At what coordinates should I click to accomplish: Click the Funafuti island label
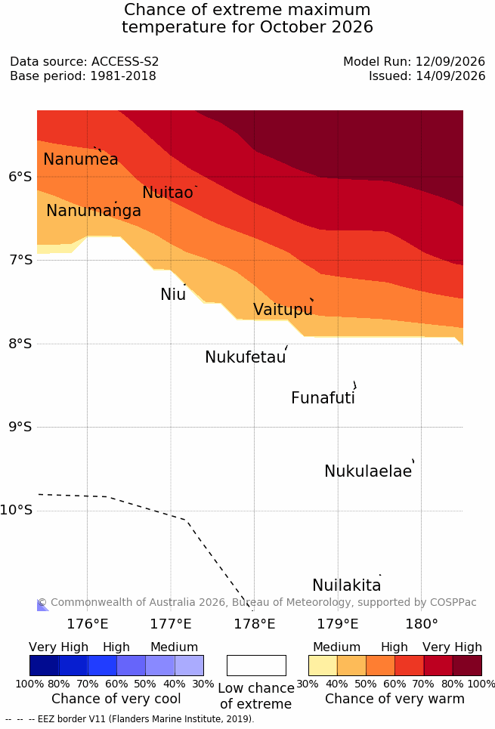click(323, 398)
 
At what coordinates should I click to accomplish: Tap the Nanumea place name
click(80, 159)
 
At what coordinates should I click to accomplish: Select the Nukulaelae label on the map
click(368, 471)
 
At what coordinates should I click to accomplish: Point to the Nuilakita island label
click(347, 585)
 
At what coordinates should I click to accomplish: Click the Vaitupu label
click(283, 310)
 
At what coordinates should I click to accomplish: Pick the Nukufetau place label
click(245, 357)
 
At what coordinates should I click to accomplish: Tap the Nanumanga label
click(94, 211)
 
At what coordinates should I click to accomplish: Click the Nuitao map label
click(168, 192)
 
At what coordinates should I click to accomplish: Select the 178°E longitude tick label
click(255, 623)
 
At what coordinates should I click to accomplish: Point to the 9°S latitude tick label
click(20, 427)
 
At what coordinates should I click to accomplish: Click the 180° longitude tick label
click(422, 623)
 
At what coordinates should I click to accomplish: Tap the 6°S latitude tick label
click(20, 176)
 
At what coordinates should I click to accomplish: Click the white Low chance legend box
click(256, 666)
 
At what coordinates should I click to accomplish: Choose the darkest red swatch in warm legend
click(467, 666)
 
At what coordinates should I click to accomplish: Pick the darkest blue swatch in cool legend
click(44, 666)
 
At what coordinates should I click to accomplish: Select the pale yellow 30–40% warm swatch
click(323, 666)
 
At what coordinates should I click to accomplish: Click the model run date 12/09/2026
click(450, 61)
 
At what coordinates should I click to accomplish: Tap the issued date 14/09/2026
click(450, 76)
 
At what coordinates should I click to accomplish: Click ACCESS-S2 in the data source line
click(125, 61)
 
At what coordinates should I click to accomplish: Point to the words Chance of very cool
click(116, 699)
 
